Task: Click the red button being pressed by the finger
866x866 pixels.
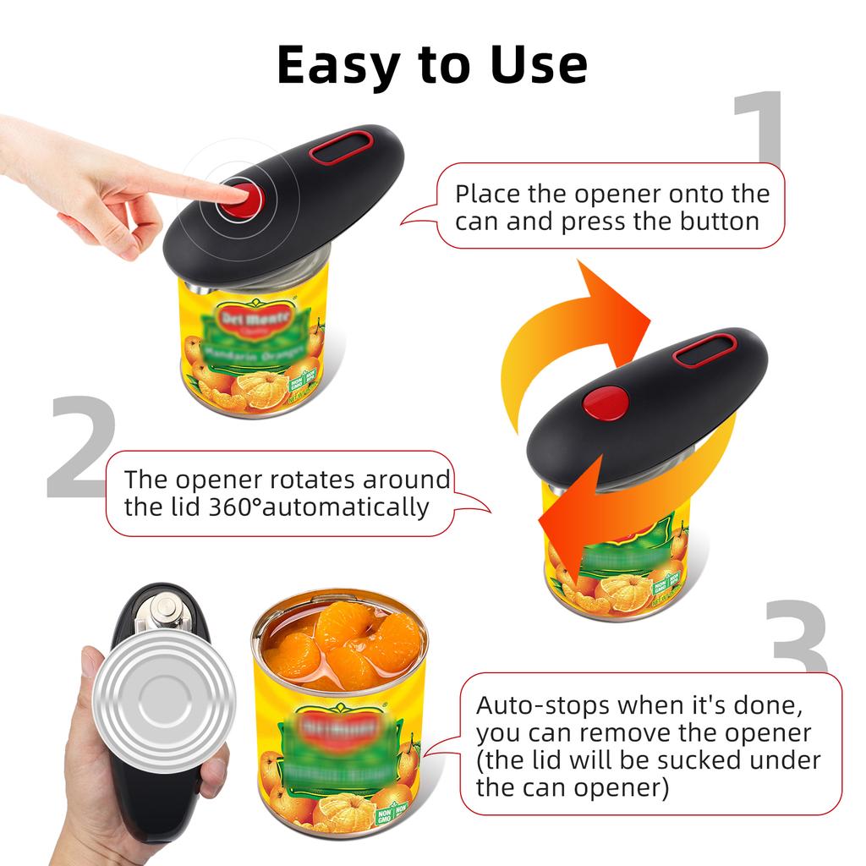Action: click(x=245, y=199)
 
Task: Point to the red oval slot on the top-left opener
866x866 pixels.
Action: click(x=339, y=148)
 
